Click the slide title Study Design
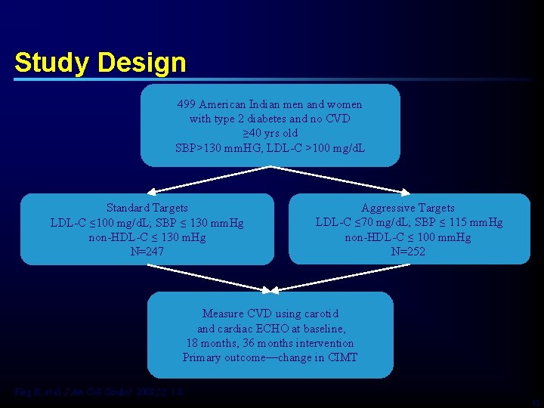[x=100, y=62]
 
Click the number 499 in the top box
[x=187, y=104]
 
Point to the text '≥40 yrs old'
[x=270, y=133]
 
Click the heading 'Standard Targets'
[x=147, y=208]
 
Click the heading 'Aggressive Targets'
[x=408, y=208]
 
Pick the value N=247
[x=147, y=252]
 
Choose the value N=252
[x=408, y=252]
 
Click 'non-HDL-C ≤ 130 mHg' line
[x=147, y=237]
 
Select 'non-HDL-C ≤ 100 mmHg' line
[x=408, y=237]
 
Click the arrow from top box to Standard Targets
[x=208, y=179]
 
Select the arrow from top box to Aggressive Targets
[x=336, y=179]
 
